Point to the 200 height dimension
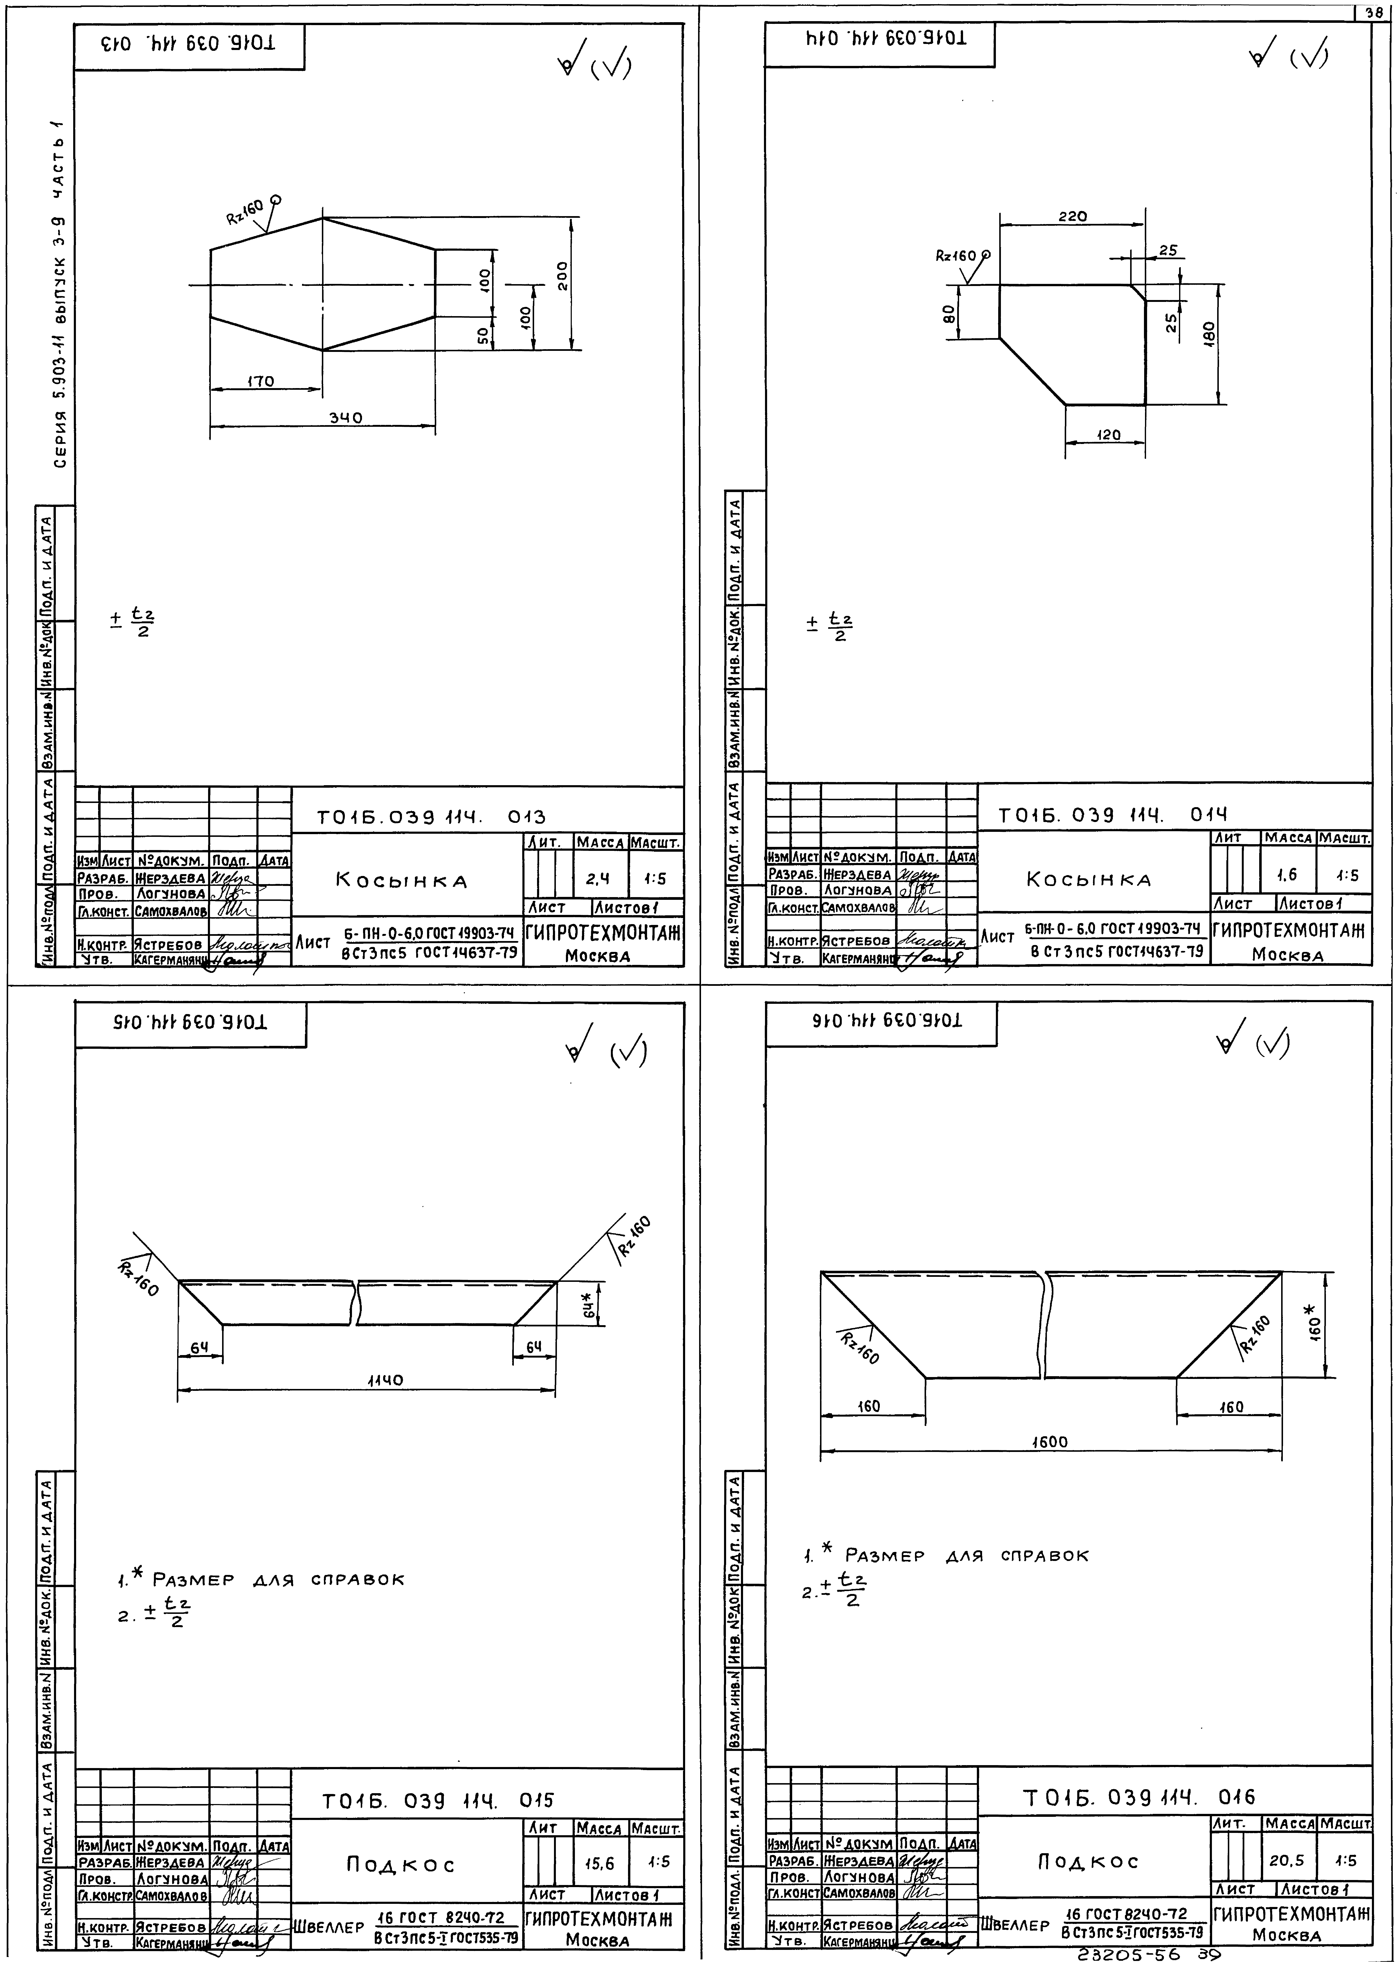[x=562, y=275]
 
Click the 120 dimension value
[x=1109, y=435]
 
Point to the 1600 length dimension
[x=1049, y=1441]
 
